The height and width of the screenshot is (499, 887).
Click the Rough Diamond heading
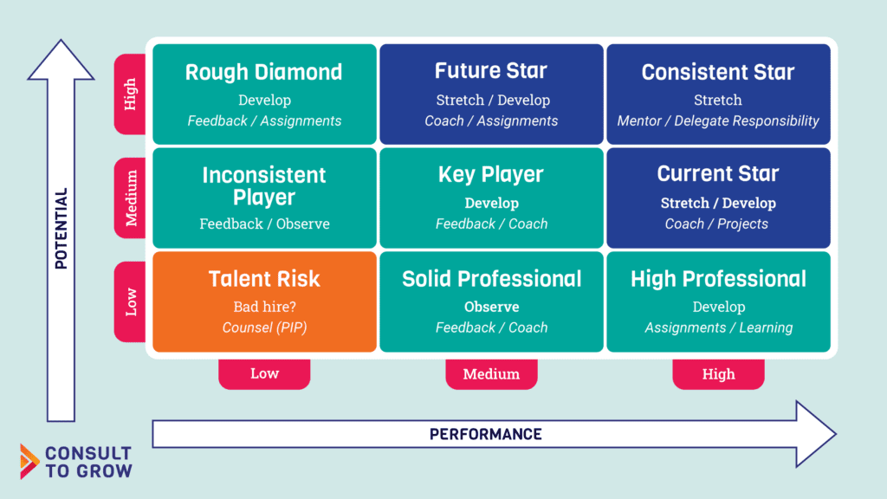[263, 73]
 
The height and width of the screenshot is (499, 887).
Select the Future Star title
[491, 71]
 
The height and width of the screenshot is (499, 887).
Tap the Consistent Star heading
[718, 73]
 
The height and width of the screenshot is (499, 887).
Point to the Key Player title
[491, 174]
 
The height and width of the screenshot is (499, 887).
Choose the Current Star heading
[718, 173]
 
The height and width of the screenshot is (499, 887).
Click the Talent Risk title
[264, 279]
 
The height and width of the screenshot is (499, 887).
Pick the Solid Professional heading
[492, 279]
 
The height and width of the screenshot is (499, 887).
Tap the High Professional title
[718, 279]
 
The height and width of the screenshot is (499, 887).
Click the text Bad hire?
[265, 307]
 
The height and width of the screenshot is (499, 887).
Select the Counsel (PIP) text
[265, 327]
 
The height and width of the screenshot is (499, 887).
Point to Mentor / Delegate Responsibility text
[718, 120]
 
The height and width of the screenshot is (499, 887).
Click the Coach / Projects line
[716, 224]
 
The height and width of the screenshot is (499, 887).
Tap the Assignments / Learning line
[718, 327]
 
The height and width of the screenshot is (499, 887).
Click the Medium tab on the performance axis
[492, 374]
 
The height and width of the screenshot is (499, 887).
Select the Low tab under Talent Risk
[265, 374]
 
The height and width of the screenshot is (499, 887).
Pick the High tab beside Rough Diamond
[130, 94]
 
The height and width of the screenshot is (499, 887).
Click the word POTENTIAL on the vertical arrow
[62, 229]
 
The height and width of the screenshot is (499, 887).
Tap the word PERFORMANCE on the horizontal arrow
[485, 435]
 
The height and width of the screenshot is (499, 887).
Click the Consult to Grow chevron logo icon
[29, 461]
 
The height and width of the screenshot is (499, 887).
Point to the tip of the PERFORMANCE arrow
[836, 434]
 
